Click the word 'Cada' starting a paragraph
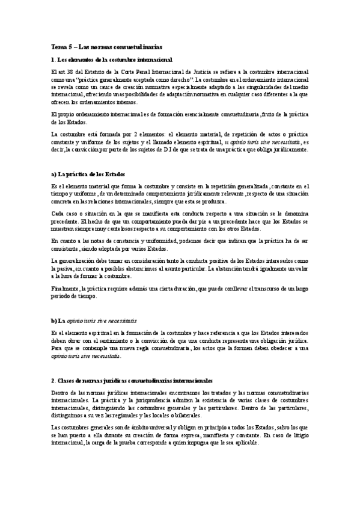point(58,214)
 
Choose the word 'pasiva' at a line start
point(59,268)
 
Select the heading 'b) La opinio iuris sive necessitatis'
point(94,321)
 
